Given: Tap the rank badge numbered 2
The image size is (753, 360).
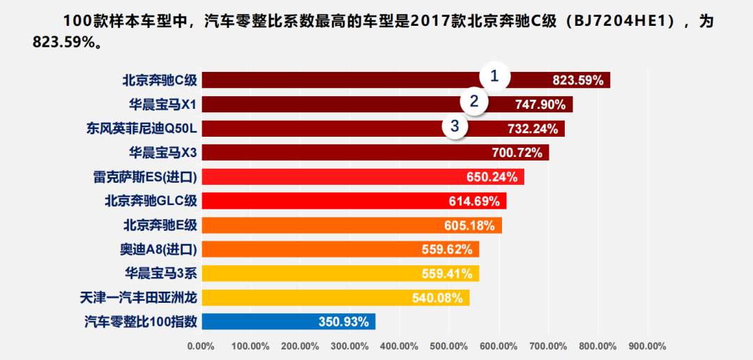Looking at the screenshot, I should pos(474,102).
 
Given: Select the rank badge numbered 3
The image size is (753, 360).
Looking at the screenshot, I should pos(455,126).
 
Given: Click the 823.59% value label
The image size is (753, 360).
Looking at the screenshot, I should pos(577,80).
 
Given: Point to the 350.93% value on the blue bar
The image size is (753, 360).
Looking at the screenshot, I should pos(344,322).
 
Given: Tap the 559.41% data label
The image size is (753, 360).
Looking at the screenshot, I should pos(447,273).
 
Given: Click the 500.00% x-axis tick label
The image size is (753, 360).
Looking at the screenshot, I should pos(449,346).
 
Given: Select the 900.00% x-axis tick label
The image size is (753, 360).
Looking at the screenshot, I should pos(647,346).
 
